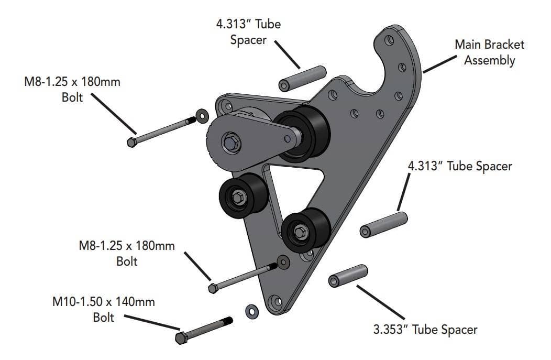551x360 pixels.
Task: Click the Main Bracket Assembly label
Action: [489, 52]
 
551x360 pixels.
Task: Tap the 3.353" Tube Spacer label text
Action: [425, 330]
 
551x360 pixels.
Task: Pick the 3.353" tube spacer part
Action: [348, 276]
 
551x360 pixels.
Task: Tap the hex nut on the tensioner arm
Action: [230, 141]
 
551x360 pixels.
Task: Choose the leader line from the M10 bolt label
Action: [152, 323]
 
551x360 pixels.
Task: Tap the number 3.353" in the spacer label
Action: [392, 330]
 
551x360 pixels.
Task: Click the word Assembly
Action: [489, 60]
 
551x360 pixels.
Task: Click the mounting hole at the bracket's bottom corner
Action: [276, 302]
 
